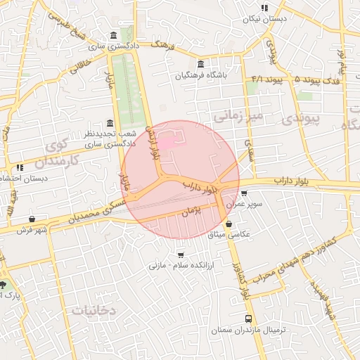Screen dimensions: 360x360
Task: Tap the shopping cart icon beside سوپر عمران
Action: pyautogui.click(x=244, y=193)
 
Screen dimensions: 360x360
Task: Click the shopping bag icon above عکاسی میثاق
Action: pyautogui.click(x=230, y=224)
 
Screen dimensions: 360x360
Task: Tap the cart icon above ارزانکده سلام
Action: pyautogui.click(x=181, y=255)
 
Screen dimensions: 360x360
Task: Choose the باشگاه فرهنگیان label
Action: pyautogui.click(x=201, y=75)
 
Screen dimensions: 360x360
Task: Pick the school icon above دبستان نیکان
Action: pyautogui.click(x=264, y=8)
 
